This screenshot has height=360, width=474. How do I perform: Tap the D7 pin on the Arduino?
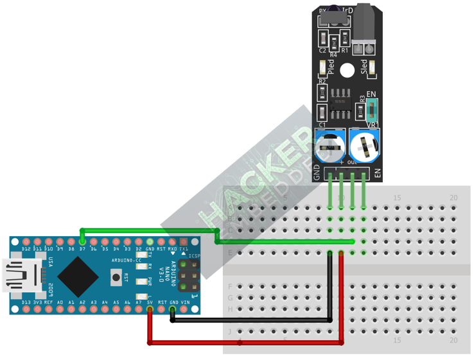point(82,243)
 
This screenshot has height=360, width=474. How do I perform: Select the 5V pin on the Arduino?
point(150,309)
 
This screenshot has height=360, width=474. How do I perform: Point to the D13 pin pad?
point(26,309)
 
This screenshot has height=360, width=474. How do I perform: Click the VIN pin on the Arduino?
point(185,309)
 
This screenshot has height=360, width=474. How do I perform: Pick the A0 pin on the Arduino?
point(60,309)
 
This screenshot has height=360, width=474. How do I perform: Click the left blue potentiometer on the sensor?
point(330,144)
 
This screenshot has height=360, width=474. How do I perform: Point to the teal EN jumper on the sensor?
point(373,110)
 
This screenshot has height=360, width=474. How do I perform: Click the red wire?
point(244,342)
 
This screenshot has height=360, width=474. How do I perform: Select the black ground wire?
point(257,320)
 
